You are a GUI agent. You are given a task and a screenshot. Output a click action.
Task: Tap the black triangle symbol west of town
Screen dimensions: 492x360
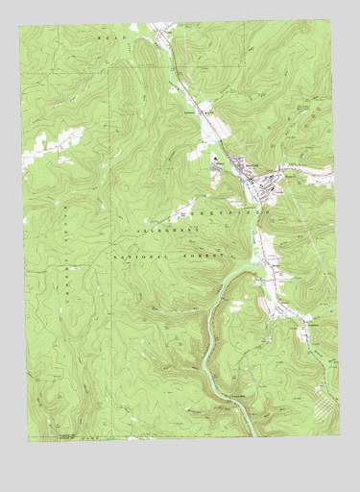click(216, 158)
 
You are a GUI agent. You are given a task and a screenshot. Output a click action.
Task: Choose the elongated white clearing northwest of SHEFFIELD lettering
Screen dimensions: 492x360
click(182, 207)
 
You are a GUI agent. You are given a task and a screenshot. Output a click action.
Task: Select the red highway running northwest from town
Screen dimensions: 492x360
click(192, 96)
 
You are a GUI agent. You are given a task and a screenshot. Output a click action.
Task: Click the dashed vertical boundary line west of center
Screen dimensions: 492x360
click(121, 192)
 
